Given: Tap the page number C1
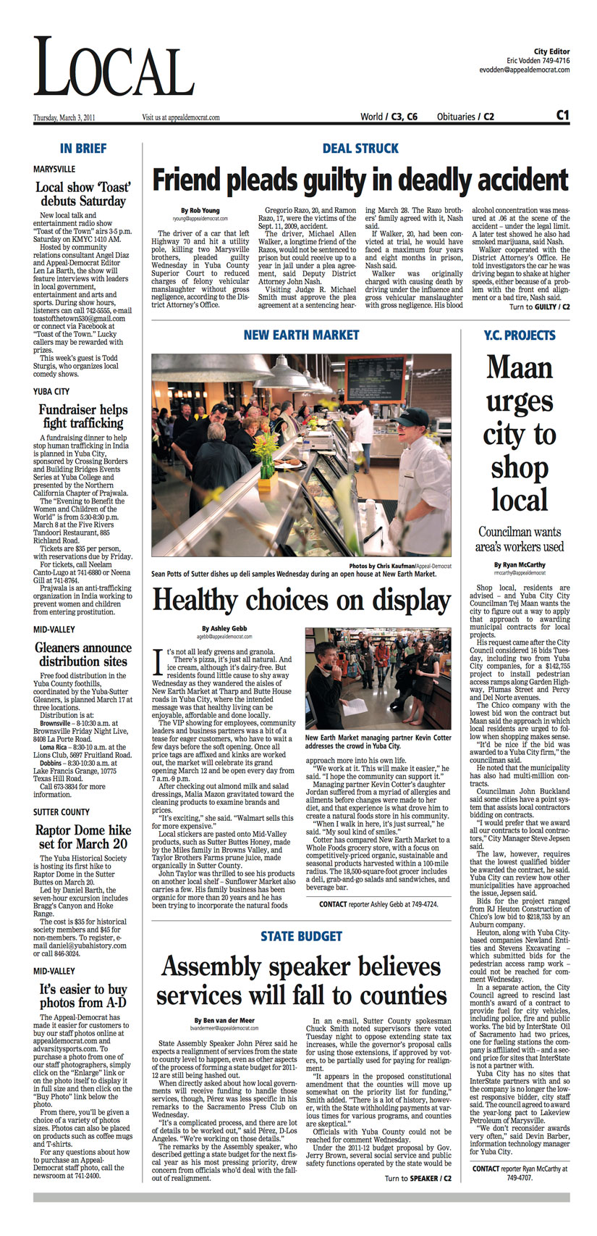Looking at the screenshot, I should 562,115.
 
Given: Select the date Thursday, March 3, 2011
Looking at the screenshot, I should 64,117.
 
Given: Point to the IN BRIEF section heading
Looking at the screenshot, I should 82,149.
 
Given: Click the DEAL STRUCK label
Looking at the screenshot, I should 360,149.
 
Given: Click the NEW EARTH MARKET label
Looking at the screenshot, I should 301,335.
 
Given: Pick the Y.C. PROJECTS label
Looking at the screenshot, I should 520,335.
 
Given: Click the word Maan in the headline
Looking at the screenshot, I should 519,367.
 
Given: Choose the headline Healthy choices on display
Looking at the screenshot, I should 301,600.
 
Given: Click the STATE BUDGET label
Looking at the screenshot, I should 301,936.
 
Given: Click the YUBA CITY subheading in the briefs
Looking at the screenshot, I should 51,391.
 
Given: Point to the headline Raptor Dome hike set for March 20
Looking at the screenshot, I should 82,837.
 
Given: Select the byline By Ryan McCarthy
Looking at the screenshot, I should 520,564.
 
